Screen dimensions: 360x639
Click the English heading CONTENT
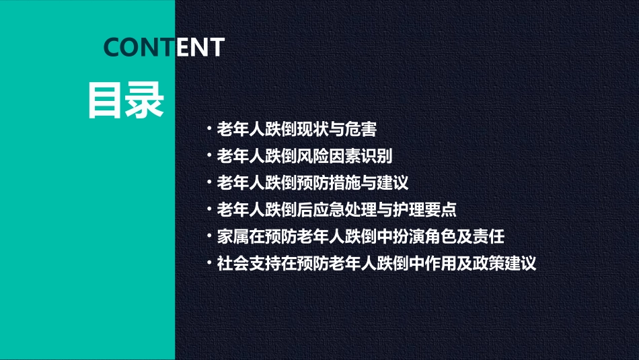(164, 47)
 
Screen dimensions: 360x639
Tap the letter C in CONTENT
(113, 47)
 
